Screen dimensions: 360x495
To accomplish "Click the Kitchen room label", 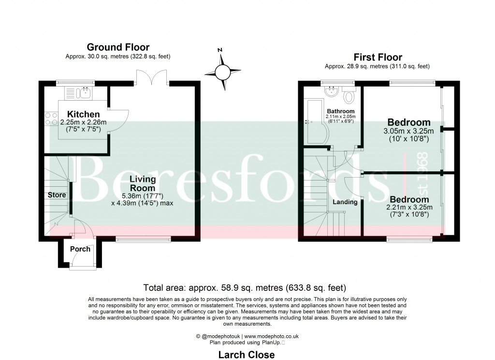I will coord(80,114).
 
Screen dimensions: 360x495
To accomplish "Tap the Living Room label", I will coord(142,184).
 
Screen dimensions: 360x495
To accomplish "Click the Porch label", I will coord(80,249).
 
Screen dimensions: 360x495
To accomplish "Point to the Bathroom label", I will coord(341,111).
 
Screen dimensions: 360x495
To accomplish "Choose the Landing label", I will coord(345,202).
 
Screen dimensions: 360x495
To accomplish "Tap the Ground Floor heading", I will coord(118,47).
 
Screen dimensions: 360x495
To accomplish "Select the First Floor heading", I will coord(378,57).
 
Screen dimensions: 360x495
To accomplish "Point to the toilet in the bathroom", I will coord(348,95).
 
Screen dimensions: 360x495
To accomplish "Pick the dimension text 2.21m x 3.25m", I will coord(409,208).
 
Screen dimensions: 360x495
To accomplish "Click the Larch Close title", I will coord(247,355).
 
